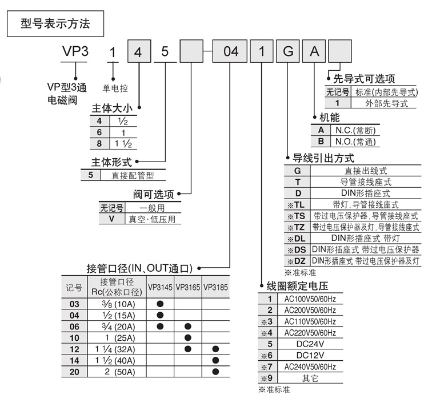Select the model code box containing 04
231,52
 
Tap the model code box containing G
288,52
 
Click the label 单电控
115,88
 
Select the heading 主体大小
113,107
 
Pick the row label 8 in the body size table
99,143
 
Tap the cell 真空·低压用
152,219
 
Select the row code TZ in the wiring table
299,227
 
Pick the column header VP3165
187,288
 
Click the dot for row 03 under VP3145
160,304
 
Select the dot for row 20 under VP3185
215,371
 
